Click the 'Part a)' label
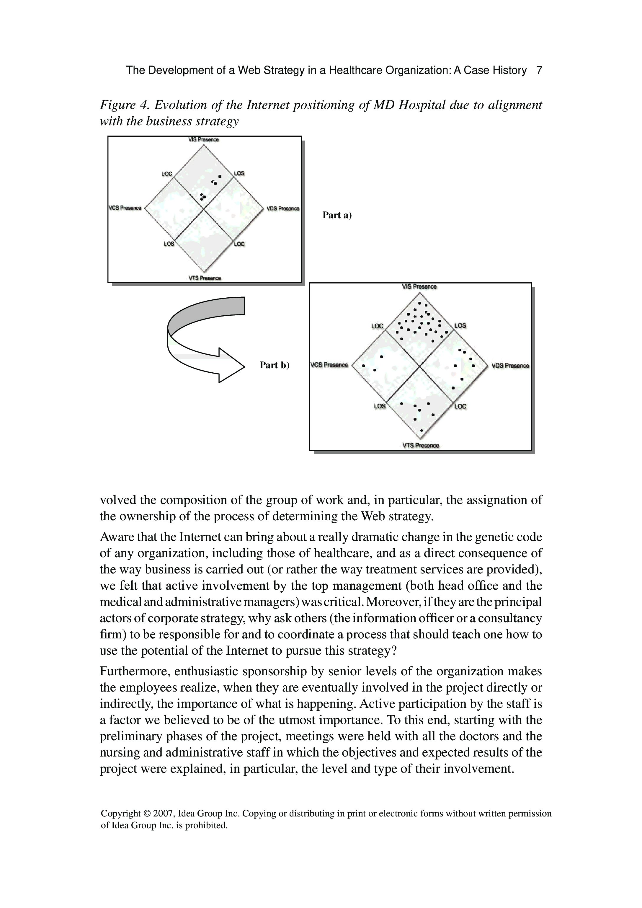click(x=337, y=215)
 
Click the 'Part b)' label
click(x=274, y=365)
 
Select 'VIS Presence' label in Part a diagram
click(x=204, y=140)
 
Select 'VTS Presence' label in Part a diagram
click(x=205, y=278)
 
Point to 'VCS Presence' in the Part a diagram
click(x=125, y=208)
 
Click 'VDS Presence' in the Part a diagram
click(x=283, y=208)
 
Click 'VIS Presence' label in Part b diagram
click(x=419, y=287)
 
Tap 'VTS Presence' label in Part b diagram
click(x=421, y=446)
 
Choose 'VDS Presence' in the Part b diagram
click(x=510, y=366)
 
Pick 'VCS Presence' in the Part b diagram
click(x=329, y=365)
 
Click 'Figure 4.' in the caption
click(x=123, y=105)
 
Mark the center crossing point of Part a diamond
click(x=204, y=208)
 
